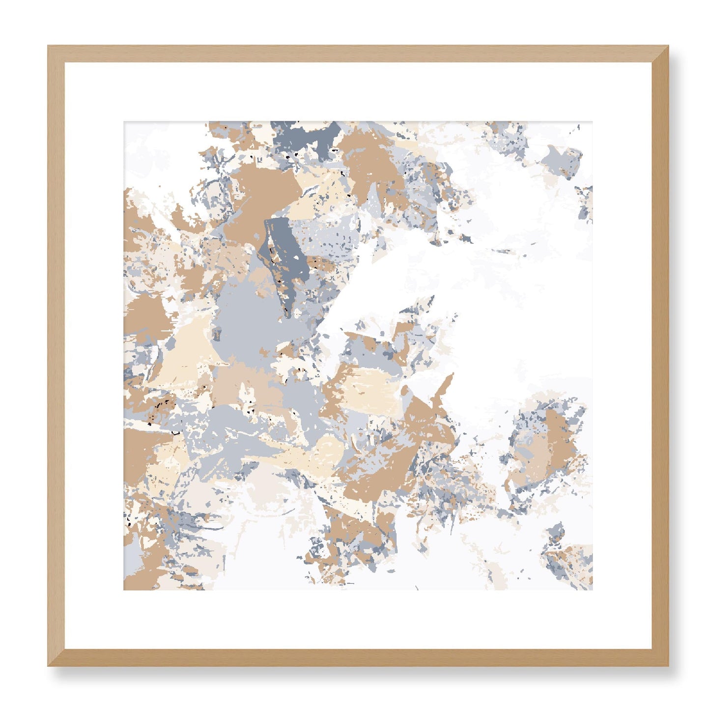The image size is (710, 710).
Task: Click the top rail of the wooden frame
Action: point(358,54)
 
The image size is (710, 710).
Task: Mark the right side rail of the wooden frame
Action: point(660,356)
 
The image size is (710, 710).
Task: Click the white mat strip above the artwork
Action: point(358,91)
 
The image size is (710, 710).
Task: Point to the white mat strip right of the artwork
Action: point(623,356)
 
